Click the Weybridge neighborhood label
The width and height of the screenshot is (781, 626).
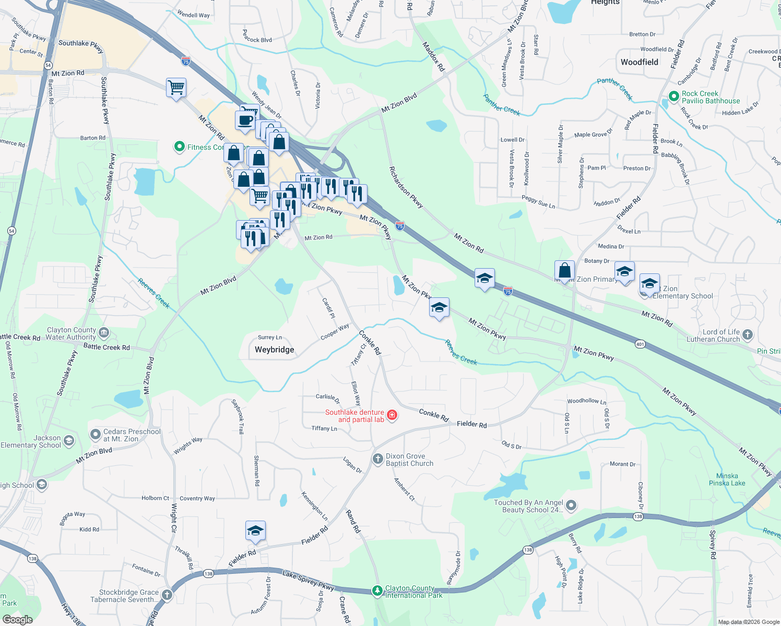(x=274, y=350)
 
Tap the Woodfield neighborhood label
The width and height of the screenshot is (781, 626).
(x=639, y=62)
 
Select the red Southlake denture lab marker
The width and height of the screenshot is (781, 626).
(x=392, y=415)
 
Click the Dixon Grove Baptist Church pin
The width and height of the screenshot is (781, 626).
(x=377, y=459)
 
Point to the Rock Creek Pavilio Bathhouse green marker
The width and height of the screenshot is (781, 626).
(x=674, y=97)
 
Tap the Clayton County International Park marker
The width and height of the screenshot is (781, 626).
(x=377, y=591)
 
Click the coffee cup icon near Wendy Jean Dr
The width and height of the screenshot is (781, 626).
(x=244, y=121)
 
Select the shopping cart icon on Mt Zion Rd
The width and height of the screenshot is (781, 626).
(x=176, y=88)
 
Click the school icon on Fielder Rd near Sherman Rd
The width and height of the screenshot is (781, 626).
(x=255, y=531)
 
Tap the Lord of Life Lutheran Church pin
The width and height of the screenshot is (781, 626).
(x=748, y=335)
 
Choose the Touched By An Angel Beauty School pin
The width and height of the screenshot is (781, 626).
(x=571, y=505)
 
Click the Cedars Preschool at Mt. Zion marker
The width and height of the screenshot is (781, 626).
(x=95, y=435)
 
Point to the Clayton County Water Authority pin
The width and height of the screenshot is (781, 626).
(x=104, y=333)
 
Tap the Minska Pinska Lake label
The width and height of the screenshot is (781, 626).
(x=727, y=479)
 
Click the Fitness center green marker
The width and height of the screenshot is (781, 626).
(x=180, y=147)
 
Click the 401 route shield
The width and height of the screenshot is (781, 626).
(x=640, y=344)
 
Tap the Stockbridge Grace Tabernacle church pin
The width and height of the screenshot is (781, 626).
(x=167, y=595)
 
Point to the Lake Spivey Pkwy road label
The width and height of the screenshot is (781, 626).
(x=308, y=580)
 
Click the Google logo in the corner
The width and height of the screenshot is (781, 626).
(x=17, y=620)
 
